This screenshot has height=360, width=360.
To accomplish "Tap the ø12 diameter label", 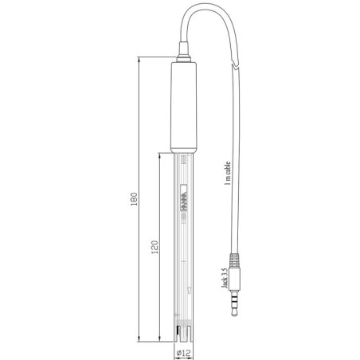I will click(x=182, y=350).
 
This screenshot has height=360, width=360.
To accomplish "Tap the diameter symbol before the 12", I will click(x=177, y=350).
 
